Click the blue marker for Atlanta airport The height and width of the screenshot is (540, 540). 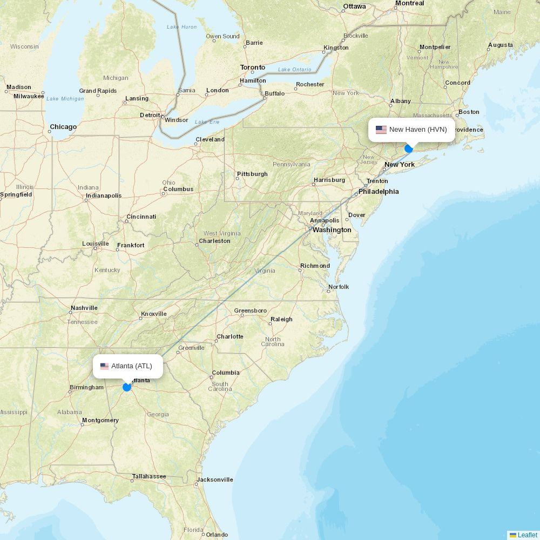coord(127,387)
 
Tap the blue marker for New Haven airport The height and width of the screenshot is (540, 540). coord(409,148)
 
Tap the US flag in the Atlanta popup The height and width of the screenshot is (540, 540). coord(105,366)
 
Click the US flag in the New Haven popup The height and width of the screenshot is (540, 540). coord(381,130)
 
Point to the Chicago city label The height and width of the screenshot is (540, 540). coord(63,127)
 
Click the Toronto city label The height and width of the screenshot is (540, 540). coord(253,67)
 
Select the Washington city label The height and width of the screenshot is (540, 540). coord(332,230)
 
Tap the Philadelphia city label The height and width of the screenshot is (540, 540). coord(379,192)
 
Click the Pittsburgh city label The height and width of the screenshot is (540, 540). coord(252,174)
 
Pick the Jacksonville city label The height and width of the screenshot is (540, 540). coord(215,480)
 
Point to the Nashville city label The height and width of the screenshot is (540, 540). coord(84,308)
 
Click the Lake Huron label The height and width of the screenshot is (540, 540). coord(182,27)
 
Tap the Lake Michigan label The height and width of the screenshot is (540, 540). coord(65,99)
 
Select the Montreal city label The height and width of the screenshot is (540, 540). coord(409,3)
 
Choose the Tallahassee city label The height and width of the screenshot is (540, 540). coord(149,476)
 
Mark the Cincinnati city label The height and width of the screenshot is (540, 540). coord(141,217)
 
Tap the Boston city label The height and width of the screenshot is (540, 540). coord(469,112)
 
